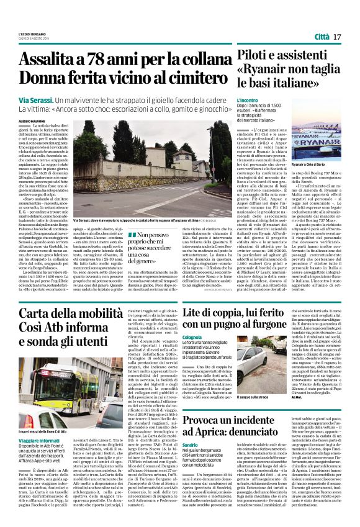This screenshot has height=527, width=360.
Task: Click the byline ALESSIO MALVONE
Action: (33, 122)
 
